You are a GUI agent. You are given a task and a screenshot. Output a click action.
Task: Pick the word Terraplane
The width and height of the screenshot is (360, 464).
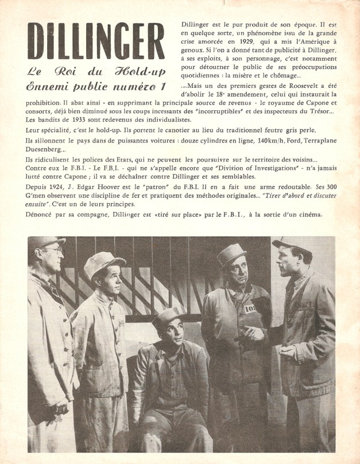(323, 141)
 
